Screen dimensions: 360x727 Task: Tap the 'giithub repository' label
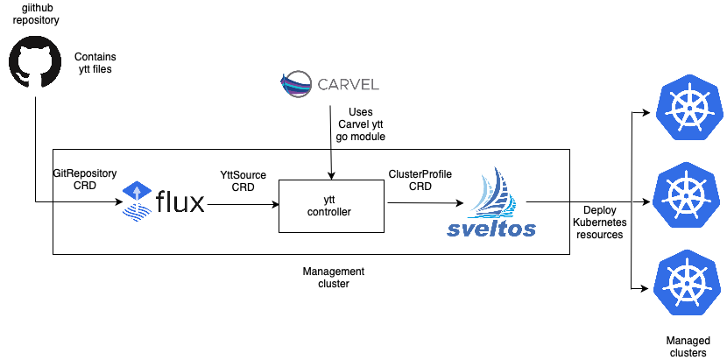(36, 13)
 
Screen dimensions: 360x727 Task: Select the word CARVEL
(348, 85)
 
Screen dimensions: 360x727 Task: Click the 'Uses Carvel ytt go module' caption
(360, 124)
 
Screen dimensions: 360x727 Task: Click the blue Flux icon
(136, 201)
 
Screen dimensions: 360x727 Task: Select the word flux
(180, 202)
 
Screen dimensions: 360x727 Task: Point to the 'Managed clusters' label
(688, 347)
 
